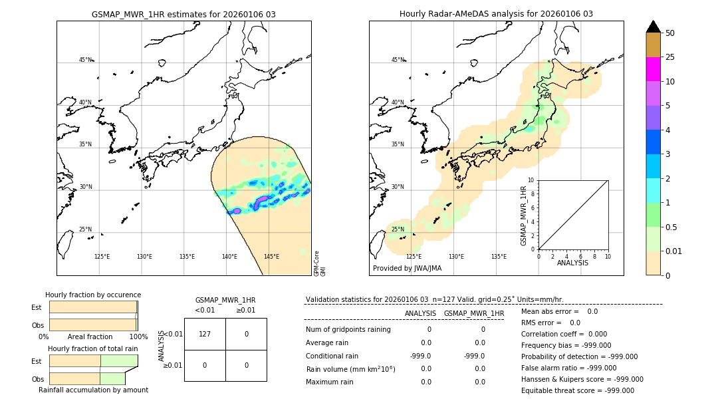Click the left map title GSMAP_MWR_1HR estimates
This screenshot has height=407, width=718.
tap(183, 14)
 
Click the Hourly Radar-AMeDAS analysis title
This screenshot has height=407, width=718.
tap(496, 14)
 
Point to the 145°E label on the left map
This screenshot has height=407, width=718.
tap(271, 257)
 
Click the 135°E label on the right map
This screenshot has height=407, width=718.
tap(499, 257)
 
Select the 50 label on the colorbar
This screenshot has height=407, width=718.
tap(670, 33)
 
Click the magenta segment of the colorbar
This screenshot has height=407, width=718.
tap(653, 69)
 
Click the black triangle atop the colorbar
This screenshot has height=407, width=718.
tap(653, 27)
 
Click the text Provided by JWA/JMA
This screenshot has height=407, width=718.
tap(407, 268)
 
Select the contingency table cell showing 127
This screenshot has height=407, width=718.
tap(205, 334)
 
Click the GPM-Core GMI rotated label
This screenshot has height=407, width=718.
tap(319, 263)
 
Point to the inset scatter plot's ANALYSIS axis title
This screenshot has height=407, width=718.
tap(572, 263)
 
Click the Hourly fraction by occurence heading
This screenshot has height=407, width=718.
tap(93, 295)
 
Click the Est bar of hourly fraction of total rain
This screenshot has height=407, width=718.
tap(93, 360)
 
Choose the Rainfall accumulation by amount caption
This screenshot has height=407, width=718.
tap(93, 390)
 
